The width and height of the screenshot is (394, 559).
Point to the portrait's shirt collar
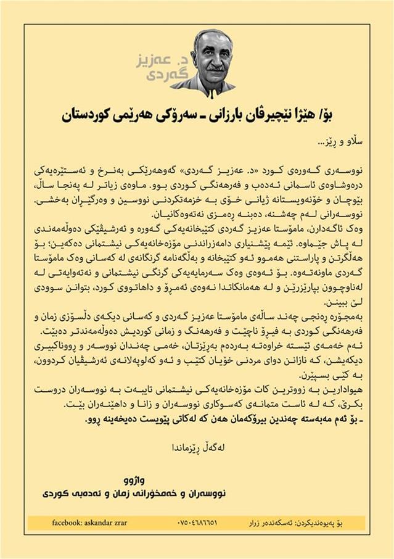tap(203, 83)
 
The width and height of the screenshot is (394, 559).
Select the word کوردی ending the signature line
tap(57, 493)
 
